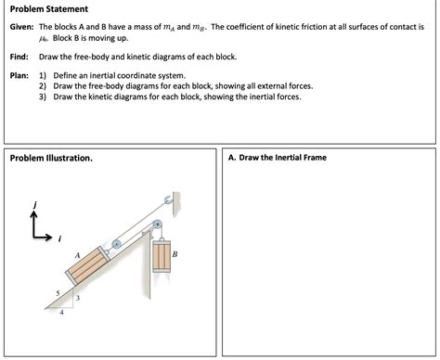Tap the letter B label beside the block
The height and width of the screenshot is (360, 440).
pos(175,252)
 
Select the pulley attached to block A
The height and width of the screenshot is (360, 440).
pos(115,245)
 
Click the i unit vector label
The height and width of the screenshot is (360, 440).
pos(59,238)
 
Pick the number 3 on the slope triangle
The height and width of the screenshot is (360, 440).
pos(78,298)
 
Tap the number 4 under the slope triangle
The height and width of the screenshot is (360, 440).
pos(61,313)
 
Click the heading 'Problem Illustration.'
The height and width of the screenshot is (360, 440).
pos(51,158)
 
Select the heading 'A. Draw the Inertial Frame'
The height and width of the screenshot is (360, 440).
pos(277,158)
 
